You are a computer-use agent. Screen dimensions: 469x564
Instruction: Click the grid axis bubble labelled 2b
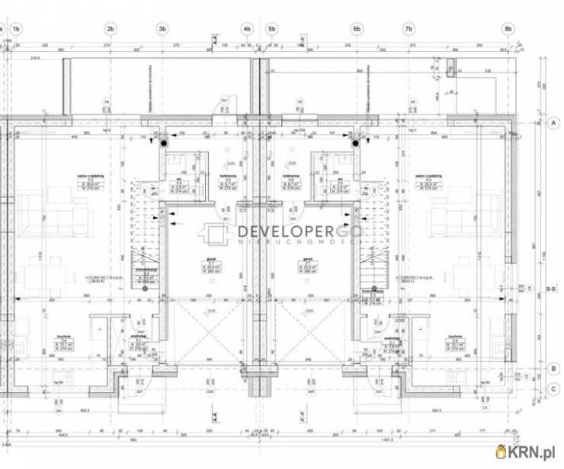click(110, 29)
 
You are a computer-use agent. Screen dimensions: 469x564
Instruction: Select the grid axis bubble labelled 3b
click(161, 29)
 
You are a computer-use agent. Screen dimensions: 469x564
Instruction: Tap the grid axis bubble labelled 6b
click(357, 29)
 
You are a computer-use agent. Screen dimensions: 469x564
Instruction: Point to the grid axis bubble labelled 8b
click(508, 29)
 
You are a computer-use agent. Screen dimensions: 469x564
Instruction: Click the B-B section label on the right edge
click(550, 288)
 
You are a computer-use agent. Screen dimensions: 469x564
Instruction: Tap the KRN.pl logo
click(527, 452)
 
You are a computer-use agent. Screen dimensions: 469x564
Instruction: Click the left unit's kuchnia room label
click(64, 337)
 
